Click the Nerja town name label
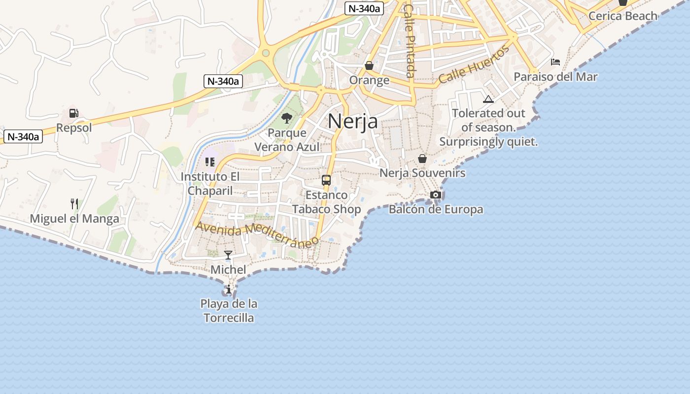tap(353, 121)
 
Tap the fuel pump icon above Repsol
tap(73, 113)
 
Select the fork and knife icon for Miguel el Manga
tap(74, 203)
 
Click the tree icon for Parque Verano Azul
tap(286, 118)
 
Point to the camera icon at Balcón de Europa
tap(436, 195)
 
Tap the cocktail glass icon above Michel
tap(228, 255)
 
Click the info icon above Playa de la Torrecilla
tap(229, 289)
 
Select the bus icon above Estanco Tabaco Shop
tap(326, 180)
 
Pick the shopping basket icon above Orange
tap(369, 66)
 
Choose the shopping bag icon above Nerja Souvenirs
tap(422, 158)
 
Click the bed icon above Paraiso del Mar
tap(555, 62)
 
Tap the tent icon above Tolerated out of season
tap(488, 99)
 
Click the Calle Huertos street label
tap(474, 65)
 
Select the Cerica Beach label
tap(623, 16)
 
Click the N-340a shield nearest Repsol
tap(23, 136)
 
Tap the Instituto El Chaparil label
tap(210, 183)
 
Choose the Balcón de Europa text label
tap(436, 209)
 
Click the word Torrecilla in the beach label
tap(229, 318)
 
